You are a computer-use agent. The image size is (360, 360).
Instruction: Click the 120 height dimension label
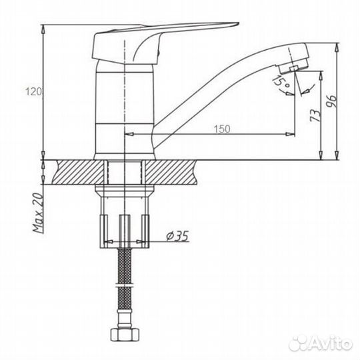click(x=33, y=91)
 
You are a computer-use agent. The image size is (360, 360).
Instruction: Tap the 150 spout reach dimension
click(x=222, y=129)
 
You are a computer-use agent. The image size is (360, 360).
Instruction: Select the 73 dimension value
click(x=315, y=116)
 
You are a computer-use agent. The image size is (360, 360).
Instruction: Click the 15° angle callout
click(x=281, y=81)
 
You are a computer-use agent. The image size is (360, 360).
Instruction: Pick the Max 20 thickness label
click(x=38, y=213)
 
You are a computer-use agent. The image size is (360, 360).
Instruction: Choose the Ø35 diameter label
click(x=177, y=236)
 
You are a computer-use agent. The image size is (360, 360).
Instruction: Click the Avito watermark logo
click(x=321, y=343)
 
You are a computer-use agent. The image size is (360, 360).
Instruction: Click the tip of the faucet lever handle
click(x=238, y=23)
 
